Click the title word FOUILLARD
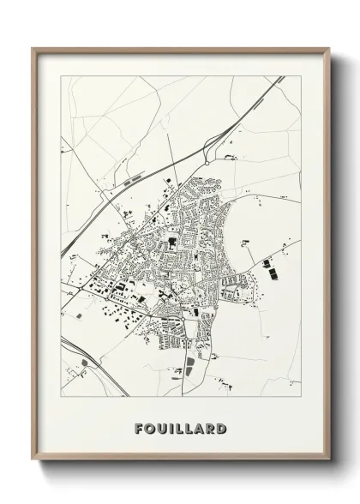click(179, 425)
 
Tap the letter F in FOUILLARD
click(138, 425)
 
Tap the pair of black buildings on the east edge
click(267, 271)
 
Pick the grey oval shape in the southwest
click(84, 363)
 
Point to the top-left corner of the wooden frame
click(33, 49)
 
